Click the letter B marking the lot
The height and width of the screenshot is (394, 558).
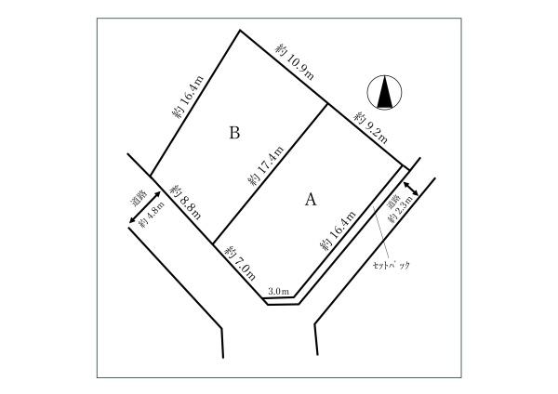tap(234, 133)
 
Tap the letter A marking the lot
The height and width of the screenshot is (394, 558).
tap(311, 199)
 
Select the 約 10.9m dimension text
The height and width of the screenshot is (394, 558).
tap(295, 62)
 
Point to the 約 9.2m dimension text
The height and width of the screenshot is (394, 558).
tap(370, 127)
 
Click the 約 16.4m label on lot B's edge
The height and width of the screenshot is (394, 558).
tap(188, 97)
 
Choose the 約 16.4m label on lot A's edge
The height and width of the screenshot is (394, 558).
tap(338, 230)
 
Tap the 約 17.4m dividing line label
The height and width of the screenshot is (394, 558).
tap(266, 165)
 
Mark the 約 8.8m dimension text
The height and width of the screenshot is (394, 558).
tap(185, 202)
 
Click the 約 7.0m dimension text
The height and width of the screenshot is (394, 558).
tap(240, 263)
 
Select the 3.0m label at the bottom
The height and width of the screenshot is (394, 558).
tap(278, 292)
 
